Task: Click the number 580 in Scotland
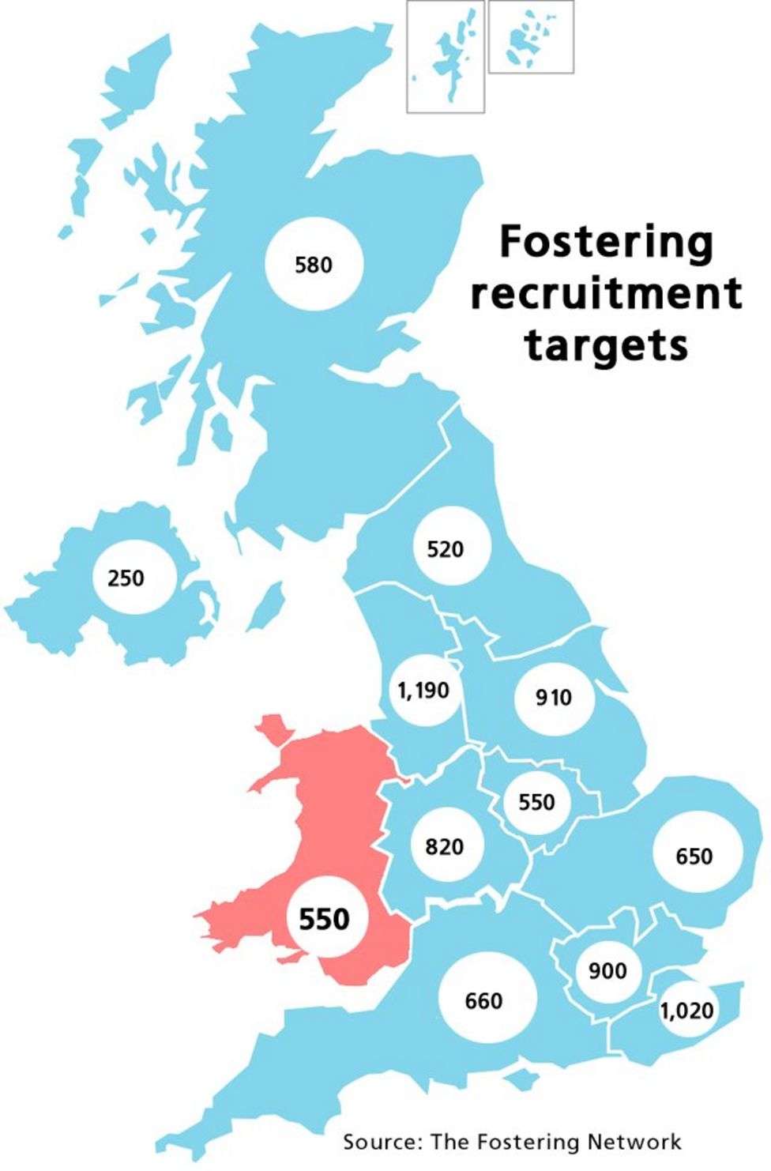314,265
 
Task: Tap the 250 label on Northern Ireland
126,578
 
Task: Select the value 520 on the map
445,549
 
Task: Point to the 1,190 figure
423,691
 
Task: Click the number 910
553,698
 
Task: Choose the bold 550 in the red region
324,919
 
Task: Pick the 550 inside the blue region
536,803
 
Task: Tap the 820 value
444,847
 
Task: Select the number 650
694,857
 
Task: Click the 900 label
607,971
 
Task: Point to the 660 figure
483,1001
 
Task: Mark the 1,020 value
686,1011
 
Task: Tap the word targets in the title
606,346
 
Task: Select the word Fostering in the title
606,241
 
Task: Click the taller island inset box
446,57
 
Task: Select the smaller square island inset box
531,37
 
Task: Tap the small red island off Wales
273,729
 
